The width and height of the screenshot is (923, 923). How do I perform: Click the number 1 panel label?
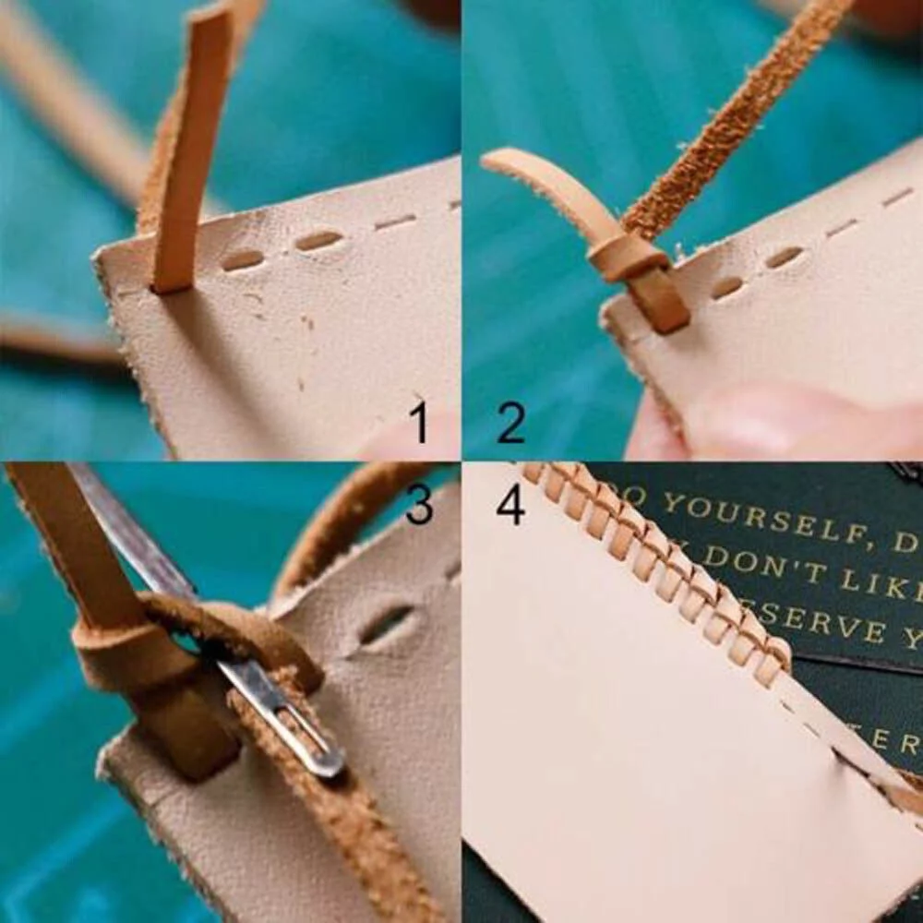(420, 422)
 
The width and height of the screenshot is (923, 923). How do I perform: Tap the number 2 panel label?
(510, 422)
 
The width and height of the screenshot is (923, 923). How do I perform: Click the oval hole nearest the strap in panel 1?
(243, 260)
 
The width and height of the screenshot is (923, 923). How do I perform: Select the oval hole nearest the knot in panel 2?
(726, 287)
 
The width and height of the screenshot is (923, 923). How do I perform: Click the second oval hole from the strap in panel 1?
(318, 242)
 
